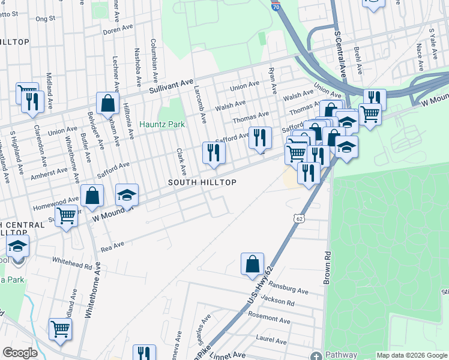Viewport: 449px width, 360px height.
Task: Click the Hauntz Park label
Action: (x=160, y=125)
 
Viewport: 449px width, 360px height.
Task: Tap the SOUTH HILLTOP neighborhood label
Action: (x=202, y=182)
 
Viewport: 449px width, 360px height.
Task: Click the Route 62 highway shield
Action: (x=299, y=218)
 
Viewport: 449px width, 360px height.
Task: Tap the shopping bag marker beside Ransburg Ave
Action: (x=252, y=264)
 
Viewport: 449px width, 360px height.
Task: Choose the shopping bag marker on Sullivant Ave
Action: (x=107, y=103)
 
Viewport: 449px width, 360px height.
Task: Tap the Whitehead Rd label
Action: (x=72, y=263)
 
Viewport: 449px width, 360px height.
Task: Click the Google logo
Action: (x=20, y=353)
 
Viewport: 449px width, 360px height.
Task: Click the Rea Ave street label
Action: (x=112, y=245)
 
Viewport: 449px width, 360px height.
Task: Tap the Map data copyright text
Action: (x=411, y=355)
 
